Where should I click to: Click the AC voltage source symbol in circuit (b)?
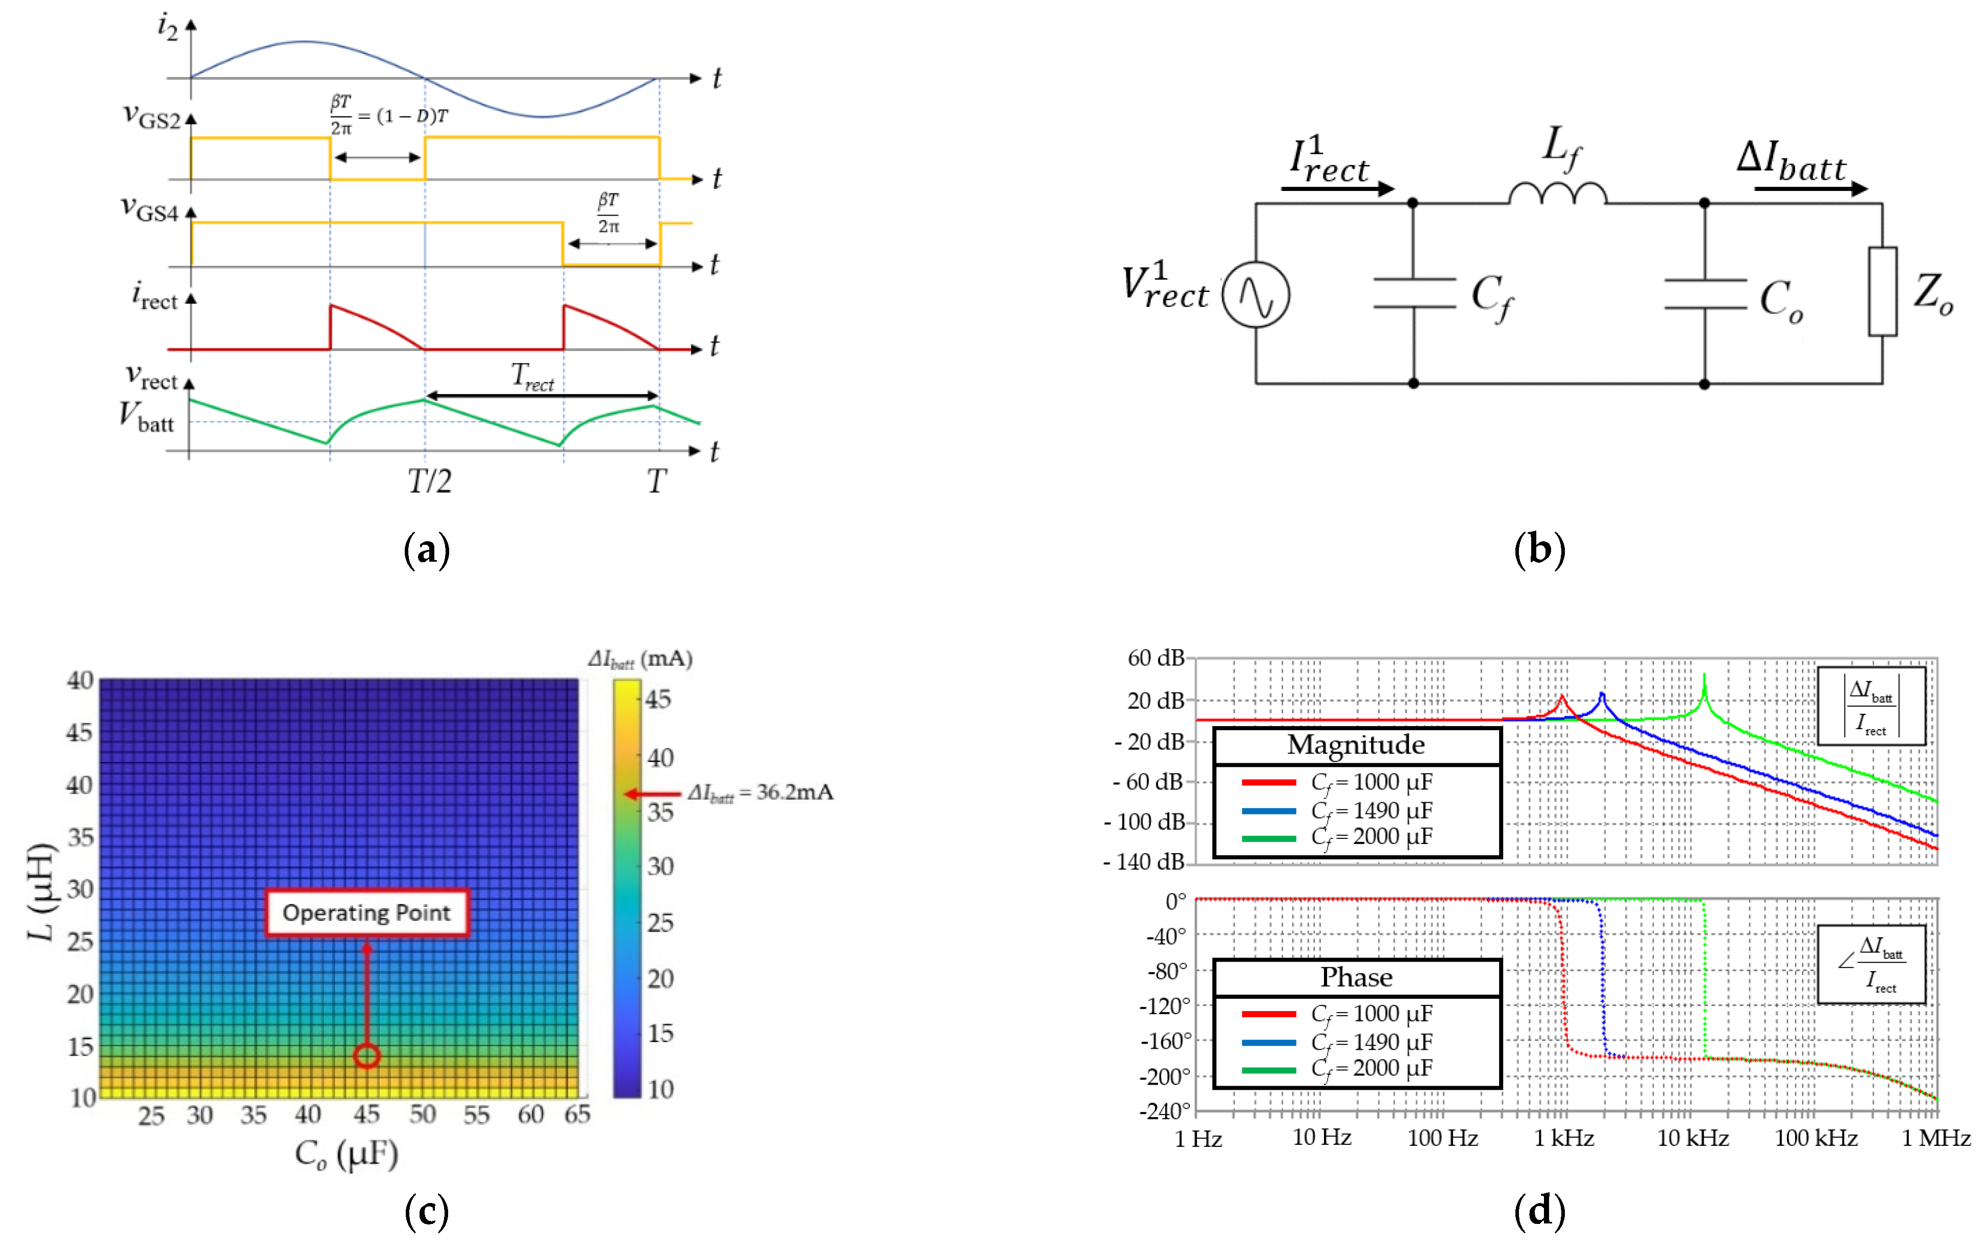point(1256,295)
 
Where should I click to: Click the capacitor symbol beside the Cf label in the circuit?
point(1414,293)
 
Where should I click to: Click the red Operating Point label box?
point(366,912)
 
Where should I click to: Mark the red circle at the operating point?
point(366,1055)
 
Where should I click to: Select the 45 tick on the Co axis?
point(366,1115)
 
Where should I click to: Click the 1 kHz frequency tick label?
point(1564,1138)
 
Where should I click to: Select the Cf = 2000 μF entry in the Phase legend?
point(1370,1069)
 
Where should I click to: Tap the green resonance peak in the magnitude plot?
point(1704,679)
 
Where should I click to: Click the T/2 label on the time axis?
point(429,480)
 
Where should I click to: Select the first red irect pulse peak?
point(332,306)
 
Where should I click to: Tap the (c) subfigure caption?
point(427,1211)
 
